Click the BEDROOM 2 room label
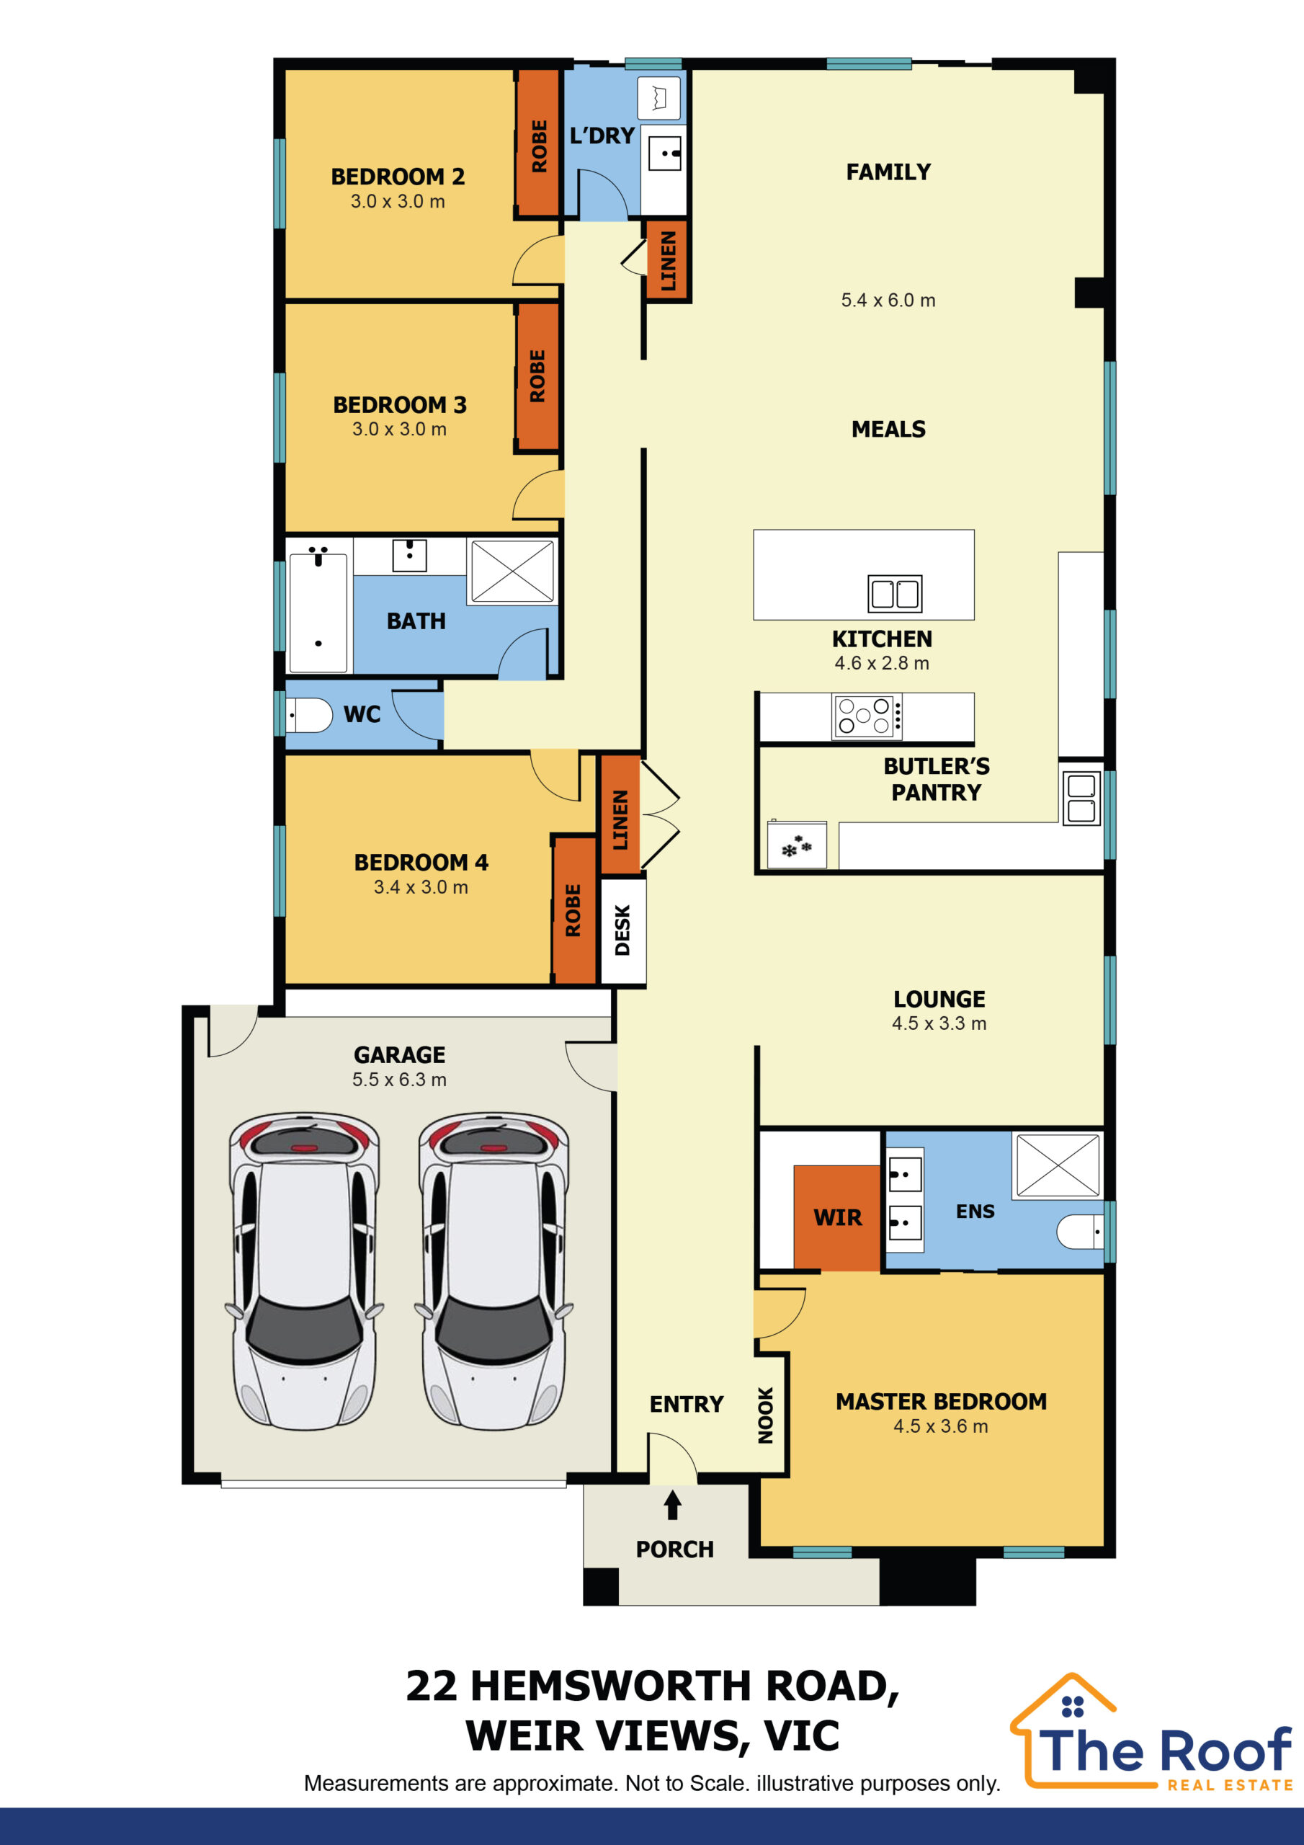tap(398, 177)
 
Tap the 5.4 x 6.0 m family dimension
tap(888, 301)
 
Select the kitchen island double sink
tap(895, 594)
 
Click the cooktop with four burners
tap(866, 715)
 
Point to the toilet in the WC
tap(309, 714)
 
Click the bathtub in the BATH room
tap(318, 613)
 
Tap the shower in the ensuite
tap(1058, 1165)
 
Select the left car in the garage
tap(305, 1271)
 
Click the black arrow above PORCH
tap(672, 1505)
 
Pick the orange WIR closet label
tap(837, 1218)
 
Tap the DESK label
tap(622, 930)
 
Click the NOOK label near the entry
tap(766, 1415)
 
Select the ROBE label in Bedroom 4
tap(573, 910)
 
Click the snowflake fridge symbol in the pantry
tap(797, 846)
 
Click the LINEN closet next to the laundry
tap(668, 260)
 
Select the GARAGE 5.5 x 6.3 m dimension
tap(399, 1079)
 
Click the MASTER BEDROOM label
tap(941, 1402)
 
